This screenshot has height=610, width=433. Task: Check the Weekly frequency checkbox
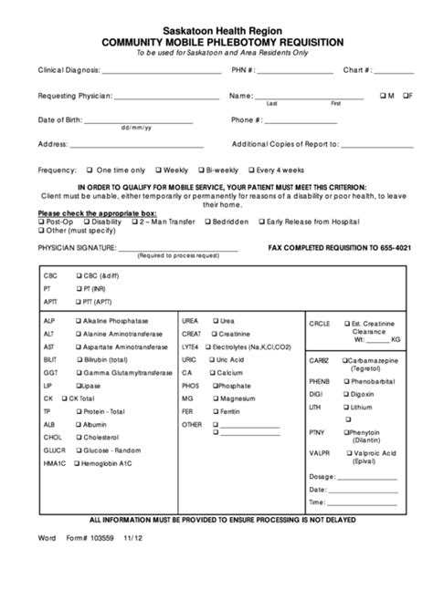[159, 170]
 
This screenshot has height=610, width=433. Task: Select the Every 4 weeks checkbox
[253, 170]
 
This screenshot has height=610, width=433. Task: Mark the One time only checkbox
[89, 170]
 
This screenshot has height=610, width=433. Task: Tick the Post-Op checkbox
[41, 221]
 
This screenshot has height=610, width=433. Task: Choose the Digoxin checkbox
[344, 393]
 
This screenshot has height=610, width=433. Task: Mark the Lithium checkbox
[344, 407]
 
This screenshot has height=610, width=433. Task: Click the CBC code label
[49, 274]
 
